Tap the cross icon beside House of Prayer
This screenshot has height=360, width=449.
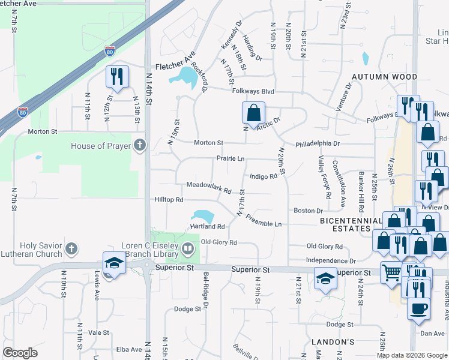pos(140,145)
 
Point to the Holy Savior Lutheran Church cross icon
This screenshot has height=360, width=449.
pos(71,248)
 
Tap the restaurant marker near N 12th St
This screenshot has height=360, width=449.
pos(117,76)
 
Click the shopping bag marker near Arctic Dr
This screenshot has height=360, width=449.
pos(254,112)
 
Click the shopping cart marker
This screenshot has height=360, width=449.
pos(392,272)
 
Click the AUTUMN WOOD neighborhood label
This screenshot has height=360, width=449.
pos(384,77)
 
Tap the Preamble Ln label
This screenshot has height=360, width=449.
pos(264,220)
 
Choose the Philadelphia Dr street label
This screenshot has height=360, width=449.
pos(318,144)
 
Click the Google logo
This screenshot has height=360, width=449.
pos(20,353)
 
